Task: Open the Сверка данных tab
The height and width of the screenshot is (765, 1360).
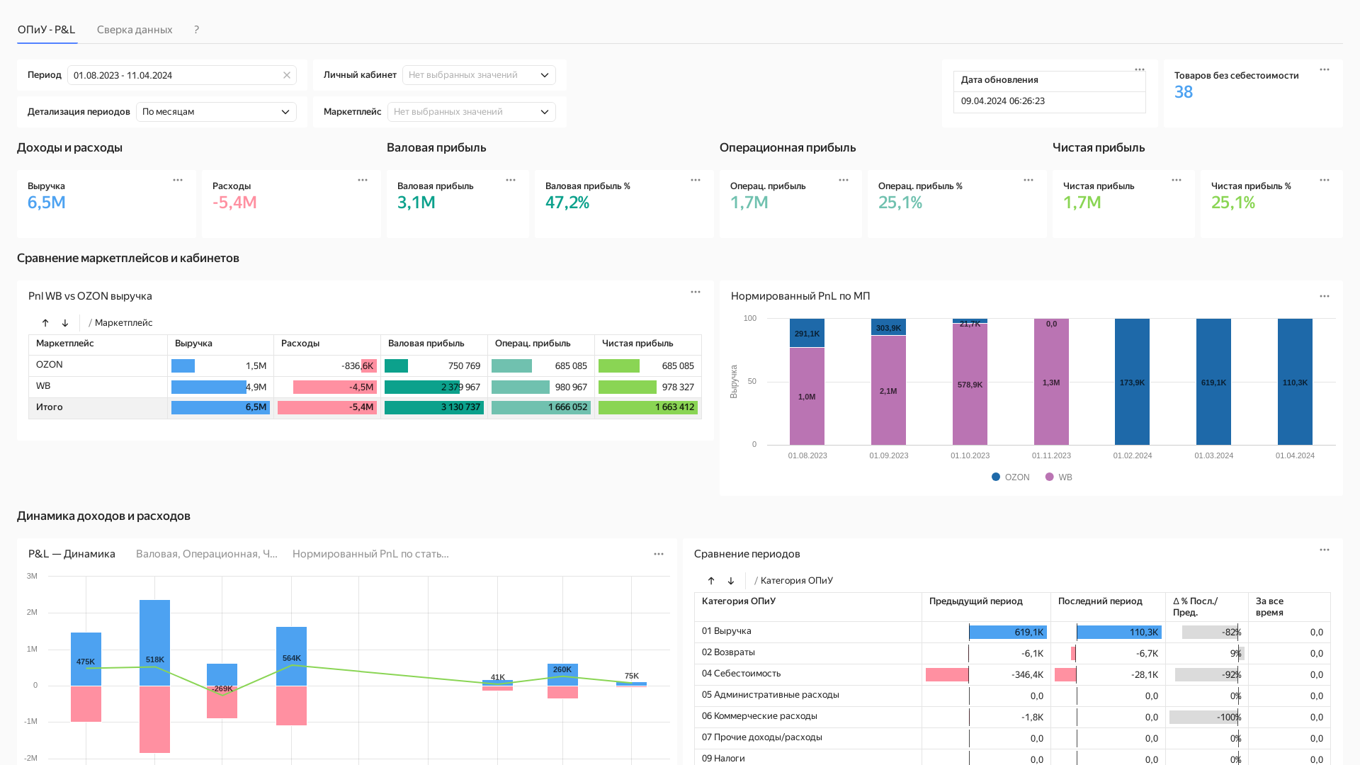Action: click(x=135, y=30)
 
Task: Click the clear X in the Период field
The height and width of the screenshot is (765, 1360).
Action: click(x=287, y=75)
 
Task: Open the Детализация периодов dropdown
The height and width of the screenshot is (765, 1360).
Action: click(x=216, y=112)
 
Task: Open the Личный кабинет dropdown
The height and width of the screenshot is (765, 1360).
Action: click(x=479, y=75)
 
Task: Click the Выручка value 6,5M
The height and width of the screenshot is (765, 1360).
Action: click(x=47, y=203)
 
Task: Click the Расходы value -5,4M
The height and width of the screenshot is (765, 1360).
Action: click(x=234, y=203)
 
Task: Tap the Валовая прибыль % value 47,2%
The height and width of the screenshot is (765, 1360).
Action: click(x=567, y=203)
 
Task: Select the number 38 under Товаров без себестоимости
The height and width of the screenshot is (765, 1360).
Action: click(x=1184, y=92)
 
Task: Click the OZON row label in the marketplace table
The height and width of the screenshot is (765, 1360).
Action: click(x=50, y=365)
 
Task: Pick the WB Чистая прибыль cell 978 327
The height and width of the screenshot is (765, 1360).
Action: click(x=678, y=387)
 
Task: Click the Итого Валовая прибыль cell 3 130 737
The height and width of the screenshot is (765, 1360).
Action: click(x=460, y=407)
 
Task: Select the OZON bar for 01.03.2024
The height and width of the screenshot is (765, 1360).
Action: click(x=1213, y=382)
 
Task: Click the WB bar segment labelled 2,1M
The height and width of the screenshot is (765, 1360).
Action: click(x=888, y=390)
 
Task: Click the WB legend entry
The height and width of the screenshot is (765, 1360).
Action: click(x=1059, y=477)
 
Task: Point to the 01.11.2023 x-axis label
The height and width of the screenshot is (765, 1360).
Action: click(x=1051, y=455)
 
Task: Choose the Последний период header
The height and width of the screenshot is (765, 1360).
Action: click(x=1100, y=601)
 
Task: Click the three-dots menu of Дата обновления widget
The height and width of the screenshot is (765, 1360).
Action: click(x=1140, y=69)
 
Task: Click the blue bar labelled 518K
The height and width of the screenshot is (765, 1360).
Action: click(x=154, y=642)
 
